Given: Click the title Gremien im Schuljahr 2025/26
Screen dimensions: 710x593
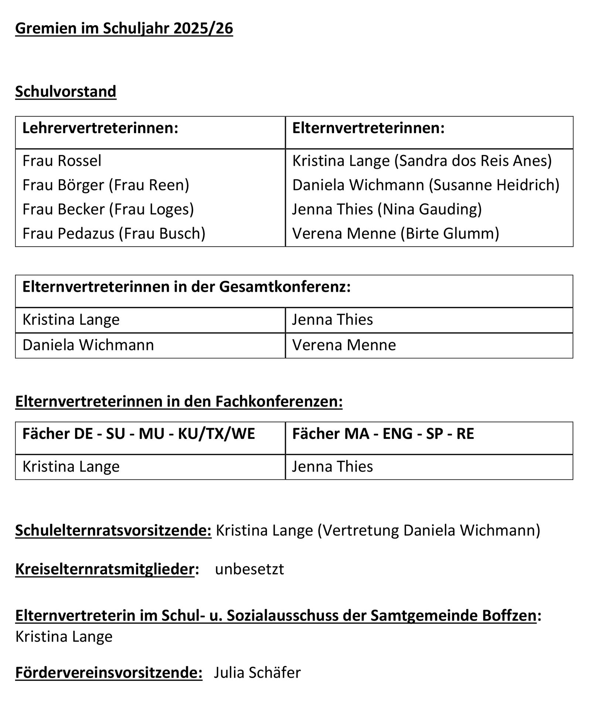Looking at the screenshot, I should tap(124, 28).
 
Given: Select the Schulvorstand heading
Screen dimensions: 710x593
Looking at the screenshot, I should tap(66, 91).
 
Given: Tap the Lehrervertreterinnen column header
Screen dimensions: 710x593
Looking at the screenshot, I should tap(100, 128).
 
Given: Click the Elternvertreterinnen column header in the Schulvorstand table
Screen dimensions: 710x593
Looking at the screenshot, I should tap(368, 128).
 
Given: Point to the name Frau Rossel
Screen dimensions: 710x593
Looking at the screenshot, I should tap(62, 161).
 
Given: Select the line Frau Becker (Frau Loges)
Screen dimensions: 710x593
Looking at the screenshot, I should tap(108, 209).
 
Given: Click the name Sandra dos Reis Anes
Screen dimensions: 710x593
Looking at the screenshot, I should tap(473, 161).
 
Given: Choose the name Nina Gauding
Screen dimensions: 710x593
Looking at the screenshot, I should tap(430, 209).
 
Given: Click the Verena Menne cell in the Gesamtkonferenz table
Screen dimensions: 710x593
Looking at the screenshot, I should tap(344, 345).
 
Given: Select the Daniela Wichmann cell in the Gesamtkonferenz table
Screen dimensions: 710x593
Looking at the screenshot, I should tap(88, 345).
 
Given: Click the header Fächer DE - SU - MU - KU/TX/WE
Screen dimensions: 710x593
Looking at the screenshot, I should tap(139, 434).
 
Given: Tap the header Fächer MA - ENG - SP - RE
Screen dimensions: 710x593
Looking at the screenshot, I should tap(383, 434).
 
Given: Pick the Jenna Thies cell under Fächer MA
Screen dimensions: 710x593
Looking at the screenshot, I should tap(332, 466).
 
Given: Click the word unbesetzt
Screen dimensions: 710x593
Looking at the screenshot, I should tap(249, 569).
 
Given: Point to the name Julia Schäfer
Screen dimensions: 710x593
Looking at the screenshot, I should tap(257, 673).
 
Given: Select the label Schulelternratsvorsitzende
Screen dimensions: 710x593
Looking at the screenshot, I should tap(113, 530).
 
